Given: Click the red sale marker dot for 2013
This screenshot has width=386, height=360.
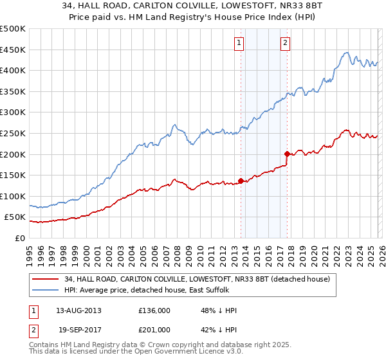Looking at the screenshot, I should pyautogui.click(x=241, y=181).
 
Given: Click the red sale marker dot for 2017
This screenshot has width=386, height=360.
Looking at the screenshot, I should pyautogui.click(x=287, y=154).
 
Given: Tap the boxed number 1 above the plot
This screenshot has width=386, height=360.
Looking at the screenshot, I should pyautogui.click(x=239, y=43).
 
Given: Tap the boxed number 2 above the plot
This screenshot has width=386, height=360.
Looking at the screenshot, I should pyautogui.click(x=284, y=43).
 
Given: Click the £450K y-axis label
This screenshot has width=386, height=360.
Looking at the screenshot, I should pyautogui.click(x=13, y=50).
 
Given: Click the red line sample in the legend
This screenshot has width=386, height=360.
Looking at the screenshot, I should pyautogui.click(x=45, y=279).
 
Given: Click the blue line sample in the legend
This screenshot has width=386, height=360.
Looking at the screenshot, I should pyautogui.click(x=45, y=291).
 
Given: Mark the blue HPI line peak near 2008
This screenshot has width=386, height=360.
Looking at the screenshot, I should pyautogui.click(x=174, y=124).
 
